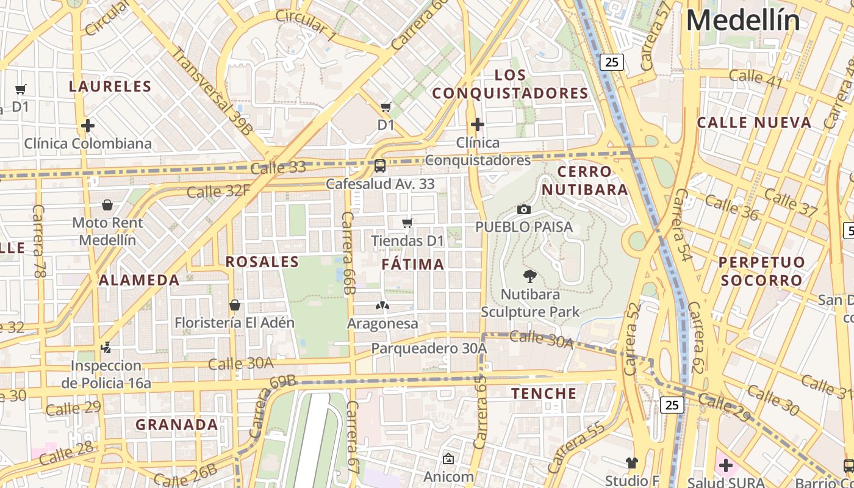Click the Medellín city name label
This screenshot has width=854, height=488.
coord(742,20)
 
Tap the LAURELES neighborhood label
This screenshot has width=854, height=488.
coord(110,86)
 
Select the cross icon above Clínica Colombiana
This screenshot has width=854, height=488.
coord(88,126)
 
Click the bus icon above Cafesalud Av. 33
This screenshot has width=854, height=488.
coord(379,165)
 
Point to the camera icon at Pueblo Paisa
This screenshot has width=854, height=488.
coord(523,209)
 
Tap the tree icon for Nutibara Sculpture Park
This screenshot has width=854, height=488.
coord(530,276)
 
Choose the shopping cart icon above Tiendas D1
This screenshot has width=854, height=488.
coord(407,223)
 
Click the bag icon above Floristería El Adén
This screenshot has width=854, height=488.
coord(235,304)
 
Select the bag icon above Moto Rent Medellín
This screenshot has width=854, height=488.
coord(107,204)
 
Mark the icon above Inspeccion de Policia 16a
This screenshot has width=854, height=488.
coord(106,348)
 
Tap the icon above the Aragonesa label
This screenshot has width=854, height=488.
coord(382,305)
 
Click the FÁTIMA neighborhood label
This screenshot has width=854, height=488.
coord(413,264)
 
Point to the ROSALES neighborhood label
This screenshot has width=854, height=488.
coord(262,262)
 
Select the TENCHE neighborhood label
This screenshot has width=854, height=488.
coord(544,393)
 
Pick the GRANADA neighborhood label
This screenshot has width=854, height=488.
coord(176,425)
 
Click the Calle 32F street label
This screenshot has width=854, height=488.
coord(218,191)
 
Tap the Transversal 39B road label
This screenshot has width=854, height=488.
coord(212,90)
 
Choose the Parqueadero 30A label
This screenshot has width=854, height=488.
coord(429,348)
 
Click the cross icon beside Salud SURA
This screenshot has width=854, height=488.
coord(725,466)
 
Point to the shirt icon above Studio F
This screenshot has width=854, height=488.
coord(631,463)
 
